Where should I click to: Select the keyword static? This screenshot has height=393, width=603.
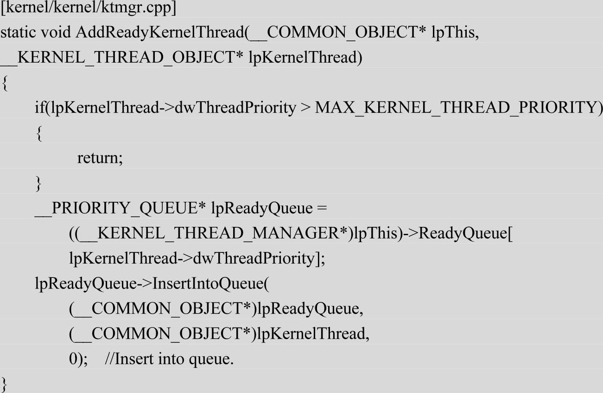18,33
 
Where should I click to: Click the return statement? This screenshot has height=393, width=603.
100,158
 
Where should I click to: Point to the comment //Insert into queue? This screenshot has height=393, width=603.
169,359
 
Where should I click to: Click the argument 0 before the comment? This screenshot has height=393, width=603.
73,359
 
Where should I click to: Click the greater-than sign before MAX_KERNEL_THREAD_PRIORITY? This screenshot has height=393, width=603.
305,108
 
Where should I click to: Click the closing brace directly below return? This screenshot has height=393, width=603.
38,184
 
